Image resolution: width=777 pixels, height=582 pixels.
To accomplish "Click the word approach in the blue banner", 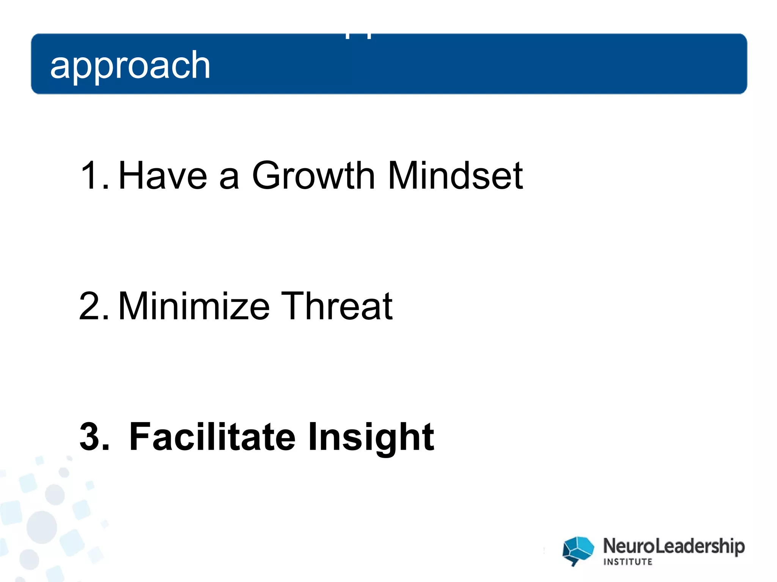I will tap(130, 66).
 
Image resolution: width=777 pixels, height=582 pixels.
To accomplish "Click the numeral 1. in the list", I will tap(94, 175).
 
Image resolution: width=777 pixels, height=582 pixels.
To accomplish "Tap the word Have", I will tap(163, 175).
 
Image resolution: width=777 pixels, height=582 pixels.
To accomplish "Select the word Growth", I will tap(313, 175).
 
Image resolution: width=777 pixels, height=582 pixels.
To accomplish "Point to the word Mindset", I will tap(455, 175).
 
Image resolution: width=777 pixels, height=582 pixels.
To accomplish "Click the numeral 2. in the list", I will tap(94, 306).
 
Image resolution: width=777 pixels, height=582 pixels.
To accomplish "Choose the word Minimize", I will tap(194, 306).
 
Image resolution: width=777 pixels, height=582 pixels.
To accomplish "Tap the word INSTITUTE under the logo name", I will tap(628, 562).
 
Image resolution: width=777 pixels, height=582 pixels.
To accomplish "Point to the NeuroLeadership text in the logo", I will tap(674, 546).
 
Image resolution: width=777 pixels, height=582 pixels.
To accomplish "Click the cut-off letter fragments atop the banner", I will tap(358, 36).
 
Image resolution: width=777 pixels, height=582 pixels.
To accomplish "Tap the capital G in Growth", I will tap(268, 175).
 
